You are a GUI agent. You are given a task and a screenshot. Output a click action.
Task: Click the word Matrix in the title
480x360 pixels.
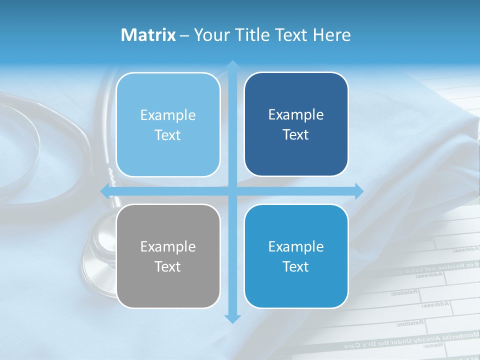pos(148,35)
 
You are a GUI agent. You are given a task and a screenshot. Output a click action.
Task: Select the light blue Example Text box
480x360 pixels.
pos(168,124)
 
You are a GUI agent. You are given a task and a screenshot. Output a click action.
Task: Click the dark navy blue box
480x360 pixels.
pos(296,124)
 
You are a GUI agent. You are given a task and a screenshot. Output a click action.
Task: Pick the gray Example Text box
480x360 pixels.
pos(168,256)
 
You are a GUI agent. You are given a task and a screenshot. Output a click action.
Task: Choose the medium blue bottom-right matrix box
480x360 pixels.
pos(296,256)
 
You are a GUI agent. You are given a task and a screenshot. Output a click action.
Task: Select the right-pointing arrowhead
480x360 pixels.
pos(358,191)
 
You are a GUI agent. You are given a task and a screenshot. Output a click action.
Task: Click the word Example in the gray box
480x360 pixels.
pos(168,246)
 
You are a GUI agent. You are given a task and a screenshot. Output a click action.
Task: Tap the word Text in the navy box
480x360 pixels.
pos(296,135)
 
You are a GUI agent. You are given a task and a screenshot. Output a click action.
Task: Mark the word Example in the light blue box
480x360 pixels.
pos(168,115)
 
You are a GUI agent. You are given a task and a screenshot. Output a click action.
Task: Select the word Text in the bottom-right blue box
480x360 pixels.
pos(296,266)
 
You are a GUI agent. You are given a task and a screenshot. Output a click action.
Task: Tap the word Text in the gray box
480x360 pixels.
pos(168,266)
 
